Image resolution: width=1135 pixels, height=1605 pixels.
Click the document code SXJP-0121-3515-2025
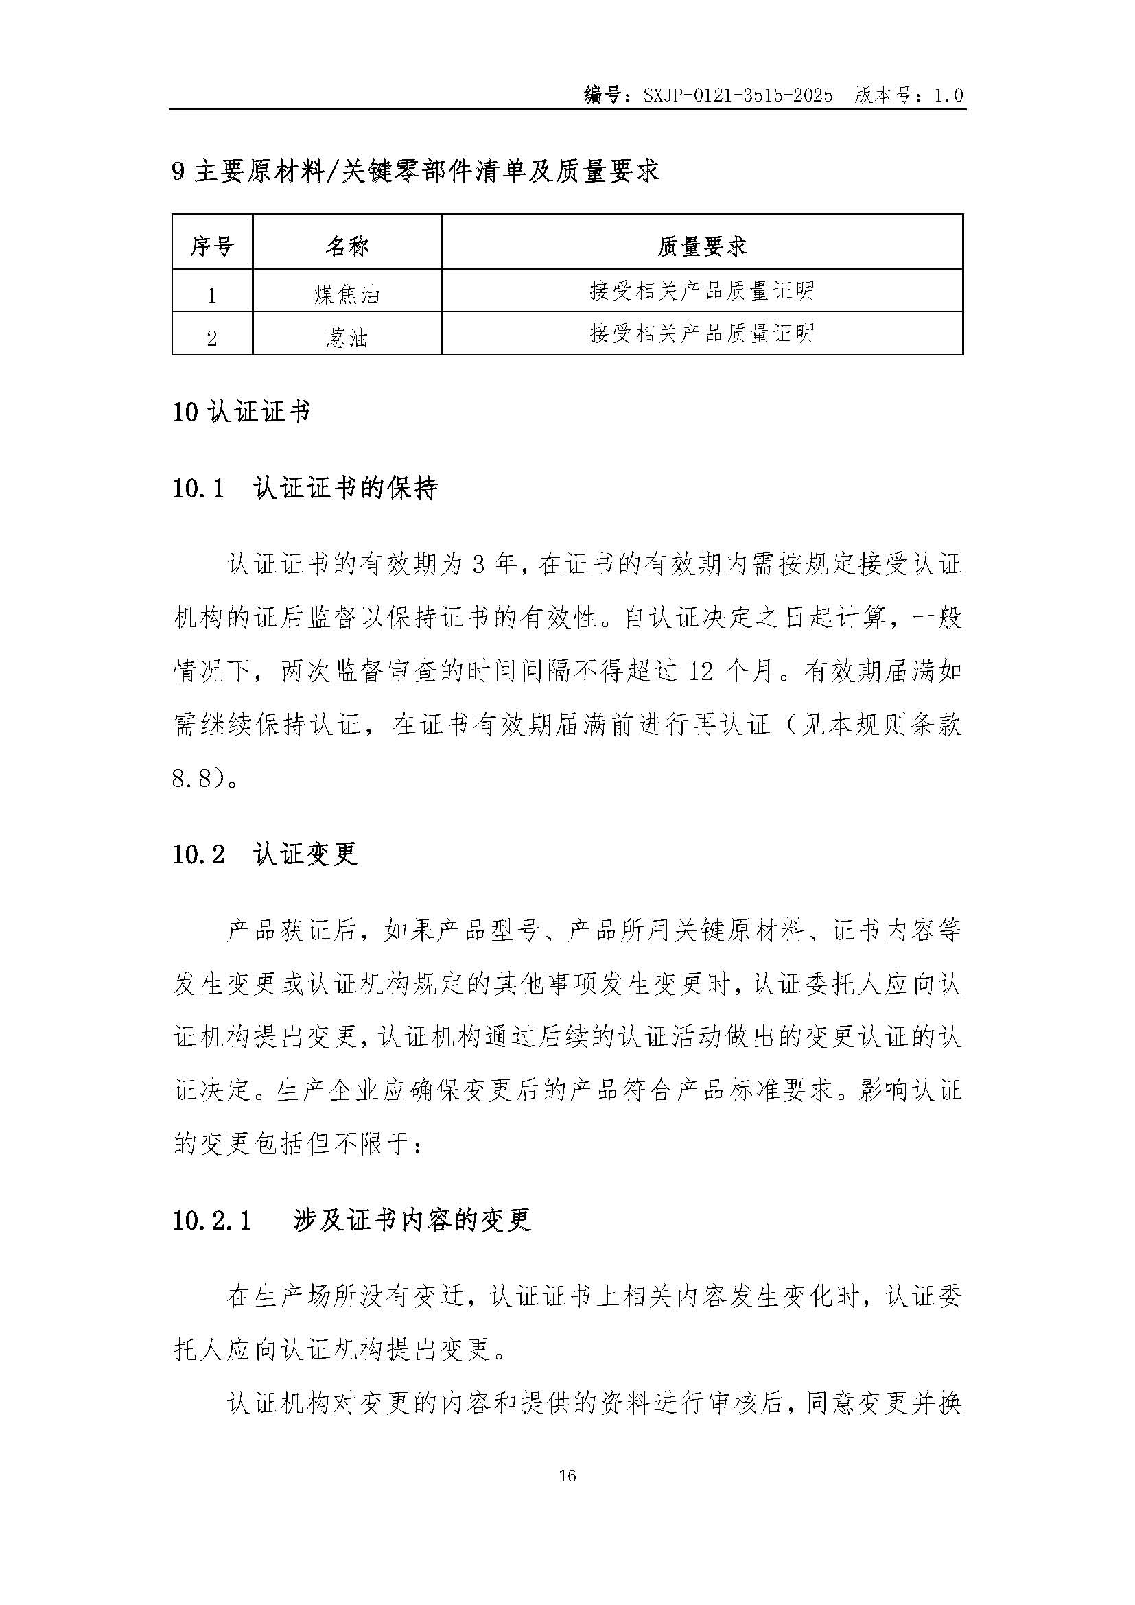click(x=738, y=96)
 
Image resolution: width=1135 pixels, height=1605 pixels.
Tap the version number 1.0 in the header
click(x=948, y=96)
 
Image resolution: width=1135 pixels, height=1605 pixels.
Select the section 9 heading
click(x=416, y=172)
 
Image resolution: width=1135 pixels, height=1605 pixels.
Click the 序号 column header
click(x=212, y=246)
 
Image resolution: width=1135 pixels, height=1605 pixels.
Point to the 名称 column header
click(x=347, y=246)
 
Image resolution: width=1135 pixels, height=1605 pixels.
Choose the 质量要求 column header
click(x=702, y=246)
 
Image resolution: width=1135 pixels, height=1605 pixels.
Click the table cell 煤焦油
click(x=347, y=294)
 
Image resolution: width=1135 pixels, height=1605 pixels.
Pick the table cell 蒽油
click(x=347, y=338)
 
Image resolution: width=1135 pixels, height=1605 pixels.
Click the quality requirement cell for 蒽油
click(x=702, y=333)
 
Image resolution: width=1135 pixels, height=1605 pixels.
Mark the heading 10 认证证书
click(x=241, y=412)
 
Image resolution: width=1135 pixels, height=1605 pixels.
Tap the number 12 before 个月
click(x=703, y=672)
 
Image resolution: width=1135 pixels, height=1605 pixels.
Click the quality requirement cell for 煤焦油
click(x=702, y=290)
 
